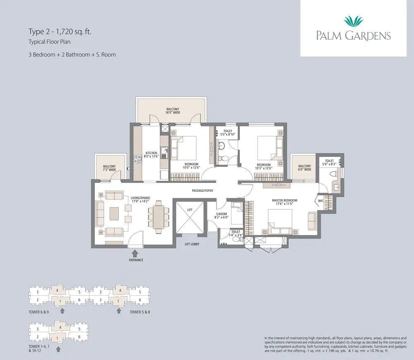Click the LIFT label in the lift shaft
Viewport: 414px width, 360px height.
coord(190,210)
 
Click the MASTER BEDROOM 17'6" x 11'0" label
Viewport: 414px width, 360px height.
coord(284,202)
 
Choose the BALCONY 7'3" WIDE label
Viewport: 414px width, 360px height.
coord(109,168)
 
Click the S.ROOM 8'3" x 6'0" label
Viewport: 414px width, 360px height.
coord(222,215)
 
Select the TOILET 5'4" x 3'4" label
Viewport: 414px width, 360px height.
coord(236,234)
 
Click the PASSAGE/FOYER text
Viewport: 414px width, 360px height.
coord(202,191)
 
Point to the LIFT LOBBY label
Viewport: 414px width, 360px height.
coord(192,244)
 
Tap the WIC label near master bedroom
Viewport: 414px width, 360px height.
coord(321,202)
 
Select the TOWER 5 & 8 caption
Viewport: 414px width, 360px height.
coord(140,312)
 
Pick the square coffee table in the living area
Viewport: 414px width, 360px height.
coord(116,214)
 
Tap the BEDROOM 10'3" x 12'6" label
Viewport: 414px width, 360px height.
coord(264,166)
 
